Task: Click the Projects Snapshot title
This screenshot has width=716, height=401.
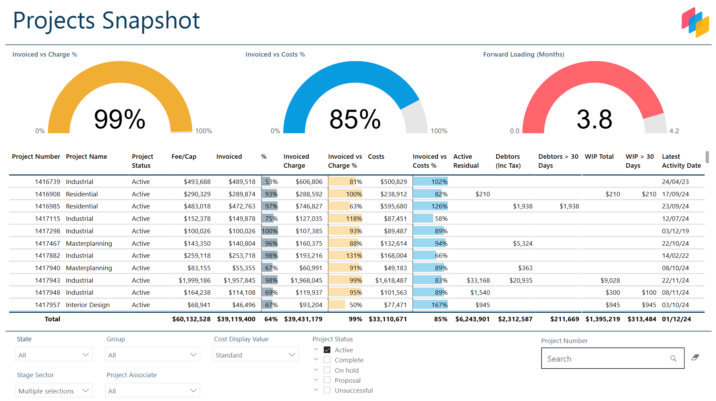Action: [x=106, y=21]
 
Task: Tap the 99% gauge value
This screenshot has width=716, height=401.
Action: [x=120, y=119]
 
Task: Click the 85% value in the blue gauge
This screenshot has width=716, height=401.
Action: [x=355, y=119]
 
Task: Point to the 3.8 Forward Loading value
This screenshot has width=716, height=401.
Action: [x=594, y=119]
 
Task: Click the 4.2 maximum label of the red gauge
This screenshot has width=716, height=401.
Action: [x=674, y=131]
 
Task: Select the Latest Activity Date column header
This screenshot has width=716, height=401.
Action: [x=681, y=161]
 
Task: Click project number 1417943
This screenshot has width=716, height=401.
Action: [x=47, y=280]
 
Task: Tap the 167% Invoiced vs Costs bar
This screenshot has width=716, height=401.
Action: [x=430, y=305]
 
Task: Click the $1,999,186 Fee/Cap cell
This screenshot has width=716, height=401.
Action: [x=194, y=280]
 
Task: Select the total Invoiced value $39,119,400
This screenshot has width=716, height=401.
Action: [x=236, y=319]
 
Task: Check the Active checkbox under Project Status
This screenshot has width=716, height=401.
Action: [x=327, y=350]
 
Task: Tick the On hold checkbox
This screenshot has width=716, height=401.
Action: [x=327, y=370]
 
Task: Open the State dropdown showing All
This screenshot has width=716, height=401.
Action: [x=54, y=355]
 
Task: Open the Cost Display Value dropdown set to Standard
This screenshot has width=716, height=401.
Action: [x=255, y=355]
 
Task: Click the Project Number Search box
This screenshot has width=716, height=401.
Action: [x=608, y=359]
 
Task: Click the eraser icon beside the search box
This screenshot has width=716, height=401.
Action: [x=695, y=358]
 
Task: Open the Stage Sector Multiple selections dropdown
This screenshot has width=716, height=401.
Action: [x=54, y=391]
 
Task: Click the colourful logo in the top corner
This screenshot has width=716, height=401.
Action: [x=695, y=22]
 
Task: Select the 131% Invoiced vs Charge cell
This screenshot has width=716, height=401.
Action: [x=345, y=256]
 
